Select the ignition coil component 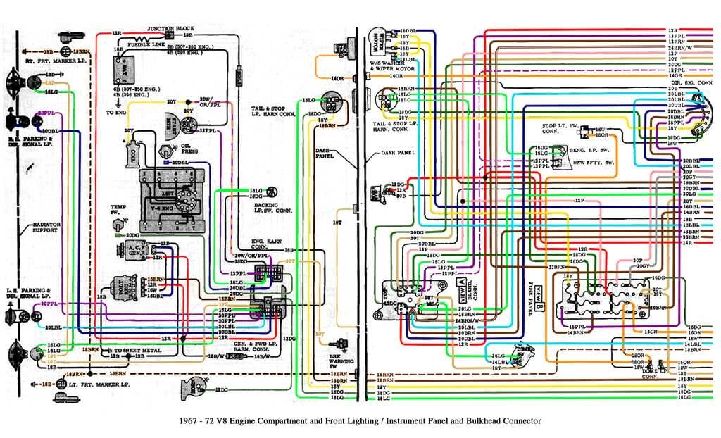pyautogui.click(x=132, y=152)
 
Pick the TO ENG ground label pyautogui.click(x=116, y=112)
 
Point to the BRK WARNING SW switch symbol pyautogui.click(x=341, y=344)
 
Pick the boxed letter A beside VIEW pyautogui.click(x=463, y=284)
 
